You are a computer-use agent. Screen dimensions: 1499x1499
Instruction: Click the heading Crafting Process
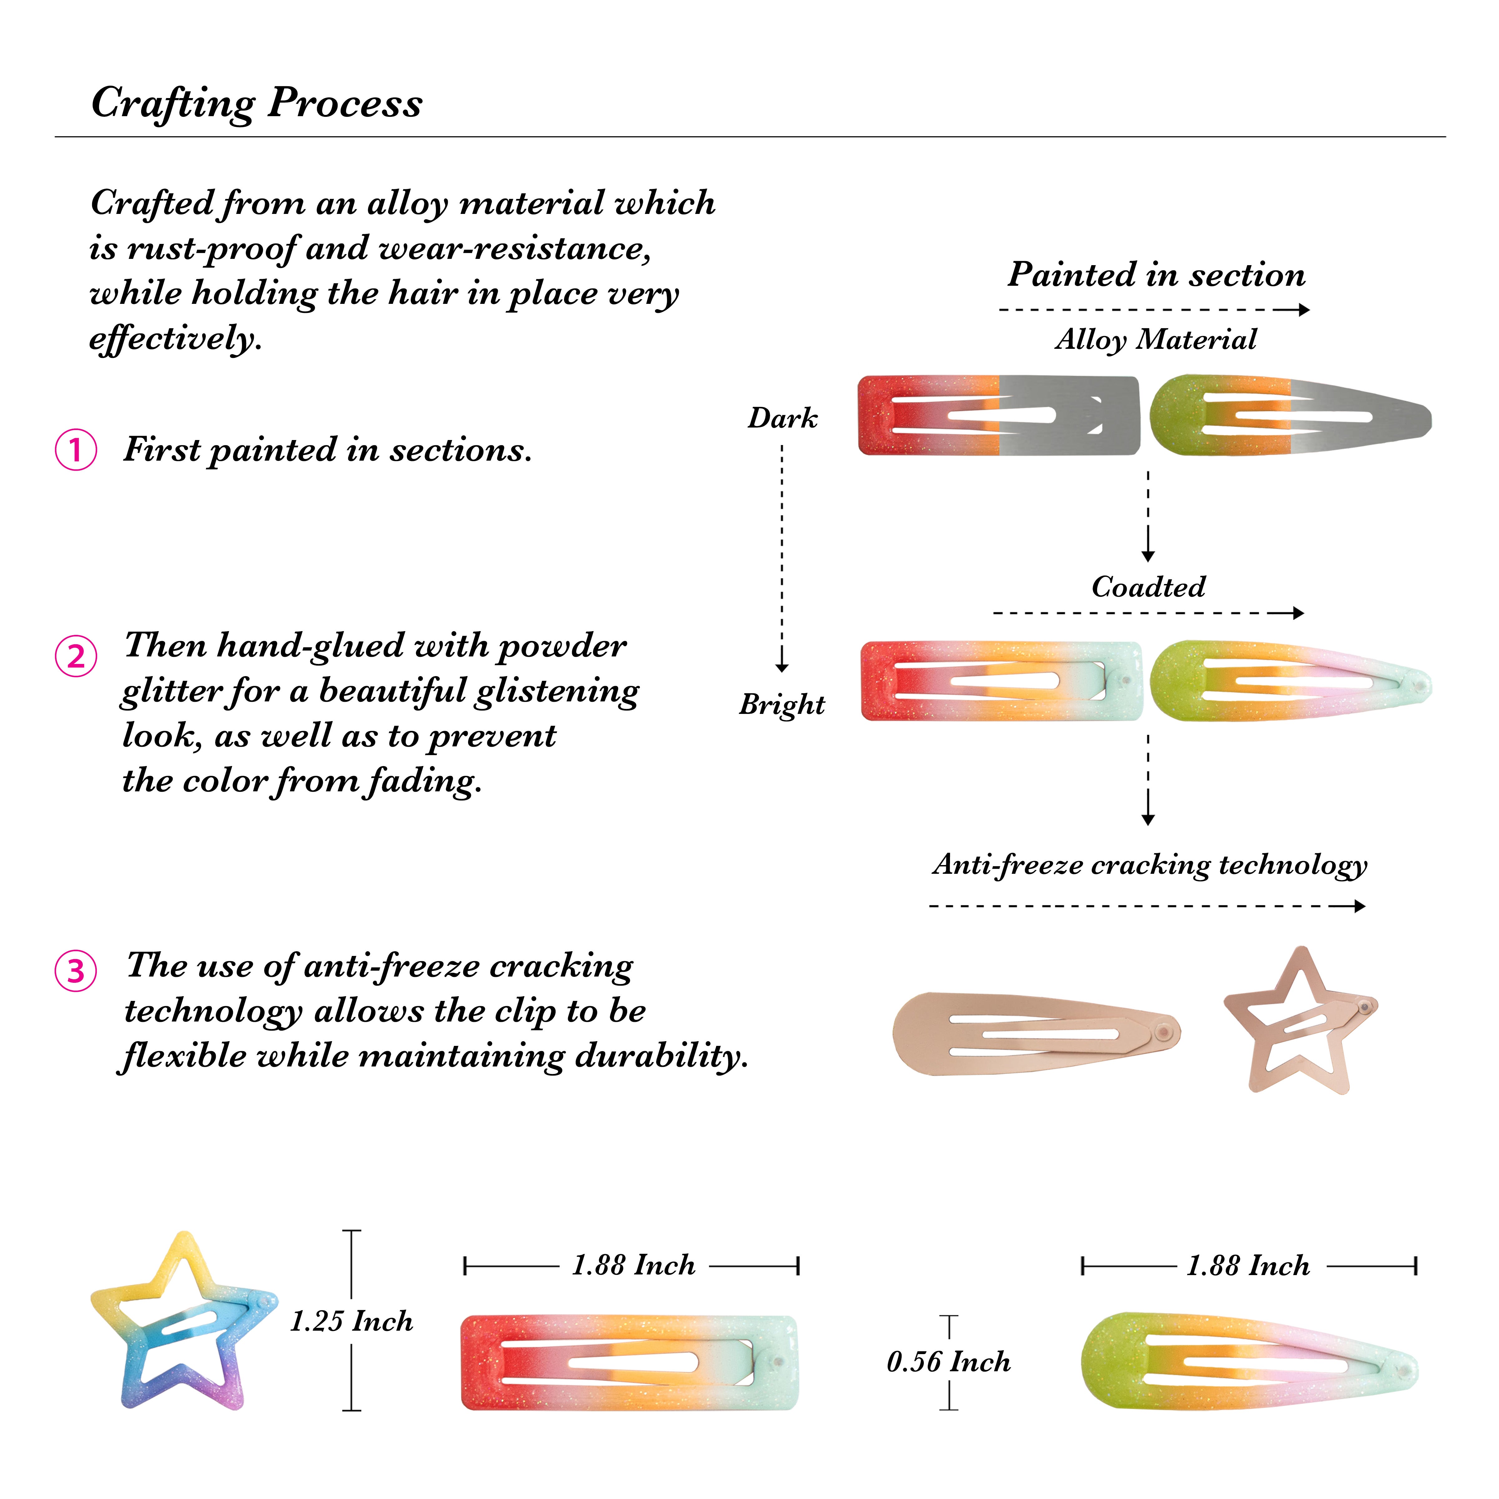click(257, 103)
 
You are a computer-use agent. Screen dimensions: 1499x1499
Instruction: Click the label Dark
click(782, 418)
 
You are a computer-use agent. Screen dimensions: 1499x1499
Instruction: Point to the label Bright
click(782, 705)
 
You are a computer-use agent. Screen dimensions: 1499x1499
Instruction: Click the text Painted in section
click(1156, 275)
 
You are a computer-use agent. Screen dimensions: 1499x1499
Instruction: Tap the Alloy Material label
click(1156, 339)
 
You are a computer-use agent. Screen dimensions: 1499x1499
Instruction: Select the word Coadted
click(1148, 586)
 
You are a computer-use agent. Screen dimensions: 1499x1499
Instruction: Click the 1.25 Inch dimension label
click(351, 1321)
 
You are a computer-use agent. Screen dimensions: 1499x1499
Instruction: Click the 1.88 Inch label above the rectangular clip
click(633, 1265)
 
